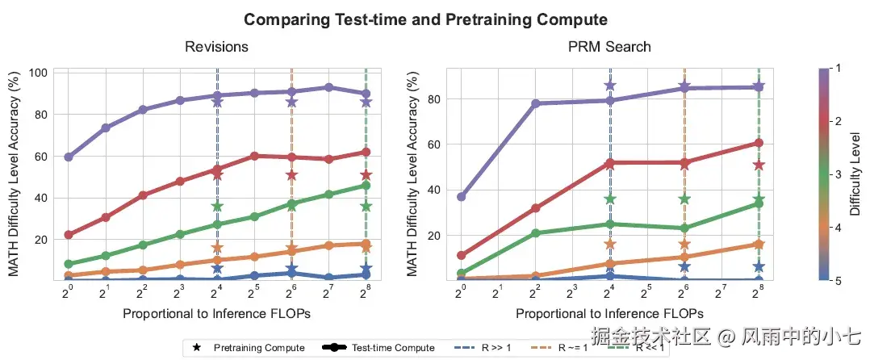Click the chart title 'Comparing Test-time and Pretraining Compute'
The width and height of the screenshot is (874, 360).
coord(425,19)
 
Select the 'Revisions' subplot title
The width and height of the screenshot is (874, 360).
coord(216,47)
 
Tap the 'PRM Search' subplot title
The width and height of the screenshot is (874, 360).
coord(609,47)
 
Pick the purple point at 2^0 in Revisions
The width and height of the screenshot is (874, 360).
coord(69,157)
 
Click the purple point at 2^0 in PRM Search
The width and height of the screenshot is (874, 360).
coord(461,197)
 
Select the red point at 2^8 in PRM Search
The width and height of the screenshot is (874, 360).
coord(759,143)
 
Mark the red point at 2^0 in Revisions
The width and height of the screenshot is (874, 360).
coord(69,235)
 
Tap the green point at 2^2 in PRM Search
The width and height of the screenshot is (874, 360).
coord(535,233)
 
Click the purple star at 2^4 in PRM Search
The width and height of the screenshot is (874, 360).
coord(610,86)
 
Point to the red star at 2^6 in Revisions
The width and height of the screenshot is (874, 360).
coord(291,175)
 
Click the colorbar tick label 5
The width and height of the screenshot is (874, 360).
coord(840,281)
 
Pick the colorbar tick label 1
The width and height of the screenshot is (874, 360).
coord(840,70)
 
